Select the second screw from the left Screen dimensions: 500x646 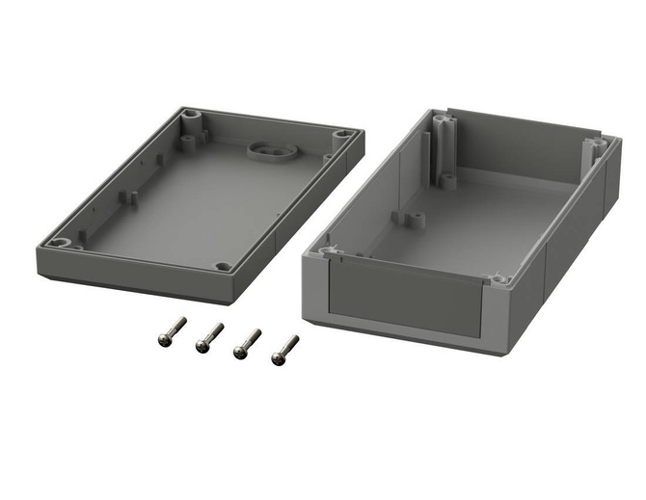(x=209, y=336)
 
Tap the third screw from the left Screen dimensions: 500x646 (x=247, y=344)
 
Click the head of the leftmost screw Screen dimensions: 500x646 (x=164, y=338)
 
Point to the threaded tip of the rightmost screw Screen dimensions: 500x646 (x=294, y=339)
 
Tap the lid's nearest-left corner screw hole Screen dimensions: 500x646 (x=60, y=242)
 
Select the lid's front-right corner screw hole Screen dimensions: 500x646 (x=223, y=267)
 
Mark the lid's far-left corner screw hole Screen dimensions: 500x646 (x=187, y=122)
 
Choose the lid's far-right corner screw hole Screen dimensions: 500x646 (x=343, y=136)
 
